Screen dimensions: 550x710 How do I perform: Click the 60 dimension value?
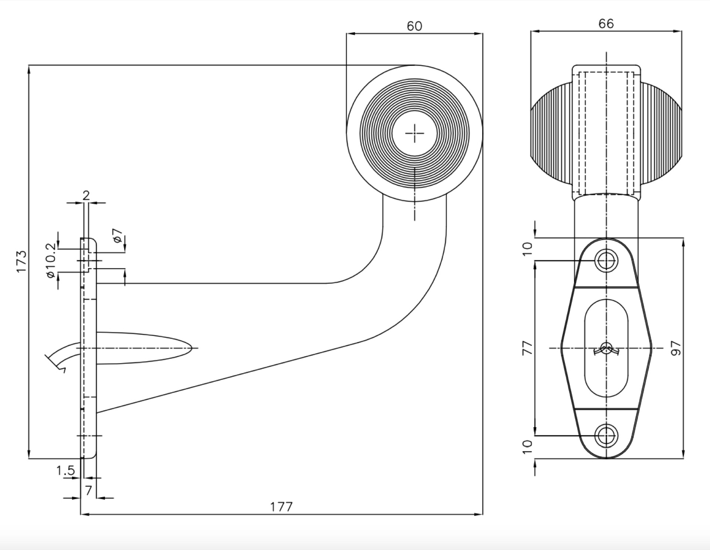414,26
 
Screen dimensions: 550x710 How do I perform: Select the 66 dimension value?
606,24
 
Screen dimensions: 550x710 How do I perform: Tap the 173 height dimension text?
22,261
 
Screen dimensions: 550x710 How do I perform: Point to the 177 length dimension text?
281,506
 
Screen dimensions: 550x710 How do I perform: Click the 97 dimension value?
676,348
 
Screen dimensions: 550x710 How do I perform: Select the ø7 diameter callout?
117,236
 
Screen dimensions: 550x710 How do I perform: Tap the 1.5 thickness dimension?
65,470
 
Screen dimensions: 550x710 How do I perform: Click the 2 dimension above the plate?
86,195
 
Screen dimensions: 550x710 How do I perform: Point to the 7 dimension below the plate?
88,490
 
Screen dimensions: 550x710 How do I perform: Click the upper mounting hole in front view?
606,261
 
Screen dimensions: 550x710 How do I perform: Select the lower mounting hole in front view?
606,435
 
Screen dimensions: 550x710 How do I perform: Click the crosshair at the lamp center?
415,133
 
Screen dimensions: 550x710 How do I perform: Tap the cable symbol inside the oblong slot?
606,349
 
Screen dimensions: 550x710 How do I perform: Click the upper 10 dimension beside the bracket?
528,248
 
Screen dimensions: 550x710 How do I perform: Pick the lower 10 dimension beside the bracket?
528,447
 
